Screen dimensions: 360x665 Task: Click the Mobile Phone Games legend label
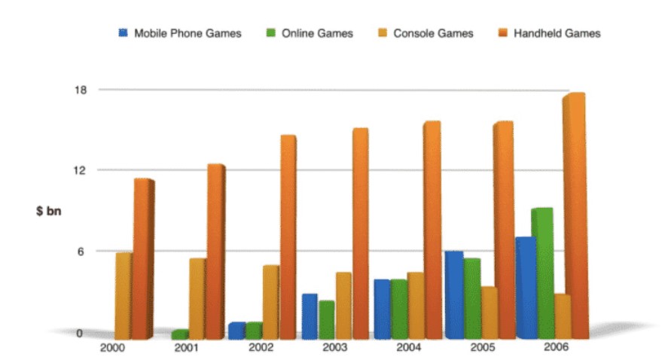coord(188,33)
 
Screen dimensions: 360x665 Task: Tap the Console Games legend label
coord(434,33)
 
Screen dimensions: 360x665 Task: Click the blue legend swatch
coord(123,33)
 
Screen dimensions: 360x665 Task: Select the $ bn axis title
coord(48,211)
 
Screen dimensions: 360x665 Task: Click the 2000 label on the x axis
coord(111,348)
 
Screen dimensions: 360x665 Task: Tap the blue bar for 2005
coord(453,294)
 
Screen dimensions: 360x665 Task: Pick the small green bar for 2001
coord(179,334)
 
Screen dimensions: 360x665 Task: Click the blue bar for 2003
coord(309,316)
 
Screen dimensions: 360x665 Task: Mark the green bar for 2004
coord(398,309)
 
